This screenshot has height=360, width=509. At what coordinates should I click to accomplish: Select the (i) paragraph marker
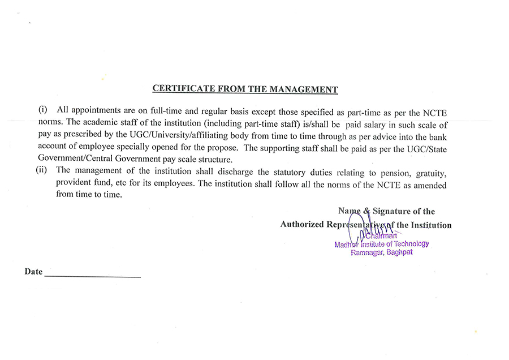(43, 109)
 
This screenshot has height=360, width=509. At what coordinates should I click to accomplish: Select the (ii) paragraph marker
(41, 170)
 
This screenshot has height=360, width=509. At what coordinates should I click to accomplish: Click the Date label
(33, 272)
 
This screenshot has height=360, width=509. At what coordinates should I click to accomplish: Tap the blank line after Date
(92, 276)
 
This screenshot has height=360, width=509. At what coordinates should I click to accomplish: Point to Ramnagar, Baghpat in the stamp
(382, 252)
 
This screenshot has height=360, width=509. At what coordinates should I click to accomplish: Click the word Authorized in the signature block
(302, 225)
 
